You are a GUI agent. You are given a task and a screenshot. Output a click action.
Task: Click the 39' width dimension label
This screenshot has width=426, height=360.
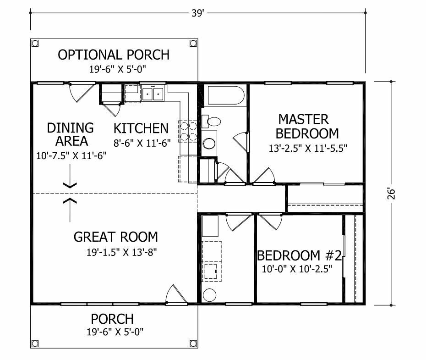[x=197, y=13]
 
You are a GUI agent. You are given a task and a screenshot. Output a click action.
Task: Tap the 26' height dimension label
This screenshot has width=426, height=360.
[x=391, y=193]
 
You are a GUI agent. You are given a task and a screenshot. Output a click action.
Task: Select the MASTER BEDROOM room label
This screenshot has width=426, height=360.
[x=307, y=127]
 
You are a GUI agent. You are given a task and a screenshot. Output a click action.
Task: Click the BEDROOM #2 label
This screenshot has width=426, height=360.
[x=299, y=255]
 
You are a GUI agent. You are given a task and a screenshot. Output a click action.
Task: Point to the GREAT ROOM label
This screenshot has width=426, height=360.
[x=116, y=237]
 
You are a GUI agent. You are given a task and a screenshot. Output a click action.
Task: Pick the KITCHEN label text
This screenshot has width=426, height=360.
[x=141, y=128]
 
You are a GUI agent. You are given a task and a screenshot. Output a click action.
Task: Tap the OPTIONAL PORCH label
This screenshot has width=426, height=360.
[x=114, y=55]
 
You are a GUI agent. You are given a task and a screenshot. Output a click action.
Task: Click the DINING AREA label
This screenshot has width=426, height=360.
[x=71, y=134]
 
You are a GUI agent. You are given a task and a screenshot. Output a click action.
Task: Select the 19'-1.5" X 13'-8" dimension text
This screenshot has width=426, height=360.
[x=122, y=252]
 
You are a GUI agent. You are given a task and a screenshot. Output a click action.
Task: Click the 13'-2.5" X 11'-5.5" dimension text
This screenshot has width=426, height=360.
[x=308, y=149]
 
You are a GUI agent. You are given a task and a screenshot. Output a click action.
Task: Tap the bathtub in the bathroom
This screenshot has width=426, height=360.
[x=226, y=95]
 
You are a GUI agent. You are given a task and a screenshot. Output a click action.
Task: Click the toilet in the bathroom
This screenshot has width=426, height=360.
[x=211, y=121]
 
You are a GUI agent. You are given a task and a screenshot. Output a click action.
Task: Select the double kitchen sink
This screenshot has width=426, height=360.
[x=153, y=94]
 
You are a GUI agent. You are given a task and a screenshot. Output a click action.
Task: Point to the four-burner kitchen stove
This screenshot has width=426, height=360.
[x=188, y=132]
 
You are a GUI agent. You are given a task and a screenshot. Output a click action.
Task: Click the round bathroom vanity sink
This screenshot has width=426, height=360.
[x=209, y=144]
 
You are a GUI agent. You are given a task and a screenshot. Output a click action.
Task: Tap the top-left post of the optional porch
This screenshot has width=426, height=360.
[x=35, y=43]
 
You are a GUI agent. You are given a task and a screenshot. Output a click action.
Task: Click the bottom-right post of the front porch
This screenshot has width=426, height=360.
[x=193, y=343]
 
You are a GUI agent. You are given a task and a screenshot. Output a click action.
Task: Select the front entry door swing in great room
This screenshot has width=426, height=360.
[x=176, y=294]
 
